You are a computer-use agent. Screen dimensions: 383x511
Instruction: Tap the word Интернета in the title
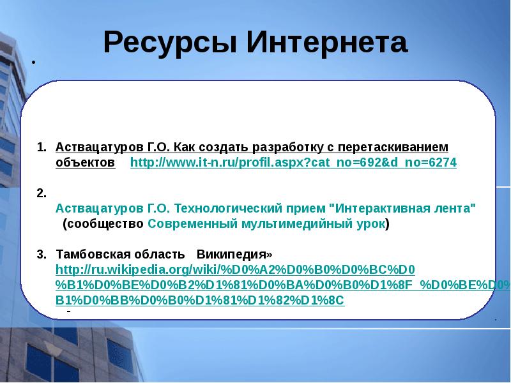(x=327, y=43)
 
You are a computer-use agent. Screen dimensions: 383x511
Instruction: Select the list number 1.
(x=41, y=147)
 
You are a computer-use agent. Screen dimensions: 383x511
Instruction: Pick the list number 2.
(x=41, y=193)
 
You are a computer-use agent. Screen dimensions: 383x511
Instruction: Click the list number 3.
(x=41, y=254)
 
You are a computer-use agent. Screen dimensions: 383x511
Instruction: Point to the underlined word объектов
(x=85, y=163)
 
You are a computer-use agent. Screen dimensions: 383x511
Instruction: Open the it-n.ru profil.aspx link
(x=293, y=163)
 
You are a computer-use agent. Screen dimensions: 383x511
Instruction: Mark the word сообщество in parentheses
(x=105, y=224)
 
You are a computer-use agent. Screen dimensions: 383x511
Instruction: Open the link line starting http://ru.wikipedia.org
(x=235, y=269)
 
